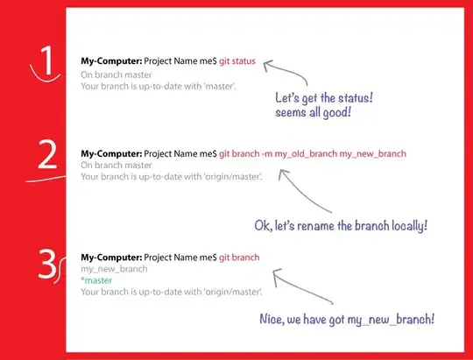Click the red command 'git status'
click(x=232, y=60)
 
